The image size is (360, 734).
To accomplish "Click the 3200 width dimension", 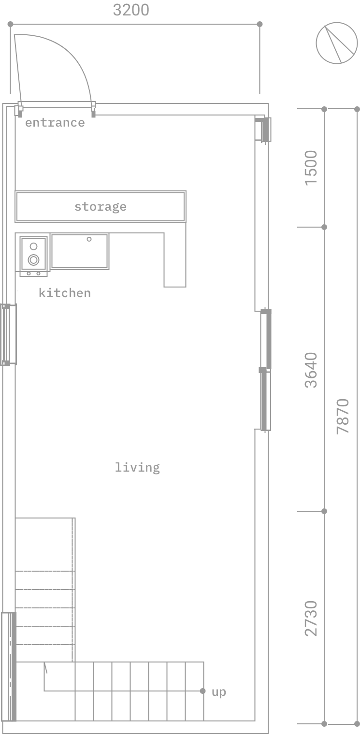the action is [131, 10].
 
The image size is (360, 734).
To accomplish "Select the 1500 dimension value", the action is [311, 168].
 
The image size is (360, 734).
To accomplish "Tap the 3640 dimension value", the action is [311, 370].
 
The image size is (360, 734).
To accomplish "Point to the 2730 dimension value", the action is [311, 619].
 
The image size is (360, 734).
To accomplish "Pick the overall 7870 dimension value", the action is [343, 417].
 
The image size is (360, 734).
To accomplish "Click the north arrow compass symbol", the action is [336, 43].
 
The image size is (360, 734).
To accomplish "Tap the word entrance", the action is [55, 123].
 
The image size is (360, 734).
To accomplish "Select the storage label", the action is [100, 207].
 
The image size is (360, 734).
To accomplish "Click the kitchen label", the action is [65, 293].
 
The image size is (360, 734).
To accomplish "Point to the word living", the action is [137, 468].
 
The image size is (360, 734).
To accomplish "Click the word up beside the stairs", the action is [219, 692].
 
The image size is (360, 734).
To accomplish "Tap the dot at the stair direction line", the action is [203, 691].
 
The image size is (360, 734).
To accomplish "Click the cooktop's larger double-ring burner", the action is [33, 260].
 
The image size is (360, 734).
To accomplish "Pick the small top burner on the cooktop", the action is [33, 246].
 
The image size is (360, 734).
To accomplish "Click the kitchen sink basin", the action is [80, 251].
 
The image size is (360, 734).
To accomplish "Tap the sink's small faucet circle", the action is [89, 239].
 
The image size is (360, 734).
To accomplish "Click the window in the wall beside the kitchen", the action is [8, 334].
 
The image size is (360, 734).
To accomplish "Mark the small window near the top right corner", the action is [263, 130].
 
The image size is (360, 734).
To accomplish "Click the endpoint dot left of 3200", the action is [10, 24].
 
